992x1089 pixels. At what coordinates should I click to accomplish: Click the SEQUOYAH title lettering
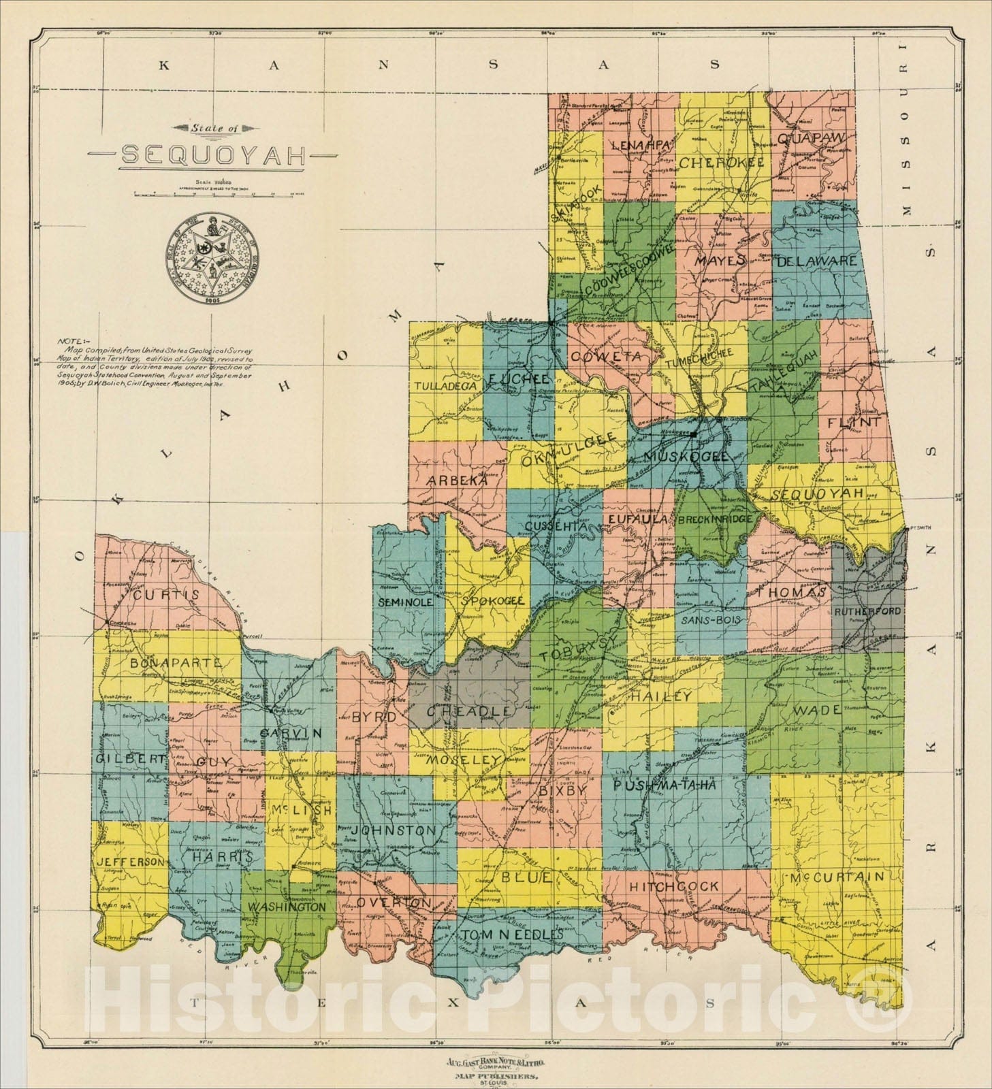tap(213, 156)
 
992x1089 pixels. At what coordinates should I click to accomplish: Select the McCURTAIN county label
tap(837, 877)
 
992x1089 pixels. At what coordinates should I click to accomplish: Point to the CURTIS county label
tap(166, 595)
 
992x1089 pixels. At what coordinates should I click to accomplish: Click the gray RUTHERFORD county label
tap(867, 612)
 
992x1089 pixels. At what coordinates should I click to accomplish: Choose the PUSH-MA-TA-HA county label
tap(664, 785)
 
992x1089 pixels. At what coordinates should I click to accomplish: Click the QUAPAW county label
tap(810, 138)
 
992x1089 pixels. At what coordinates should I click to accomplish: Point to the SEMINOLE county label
tap(406, 602)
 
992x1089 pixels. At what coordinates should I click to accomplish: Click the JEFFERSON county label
tap(129, 862)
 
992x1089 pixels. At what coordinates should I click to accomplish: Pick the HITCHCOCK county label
tap(673, 886)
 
